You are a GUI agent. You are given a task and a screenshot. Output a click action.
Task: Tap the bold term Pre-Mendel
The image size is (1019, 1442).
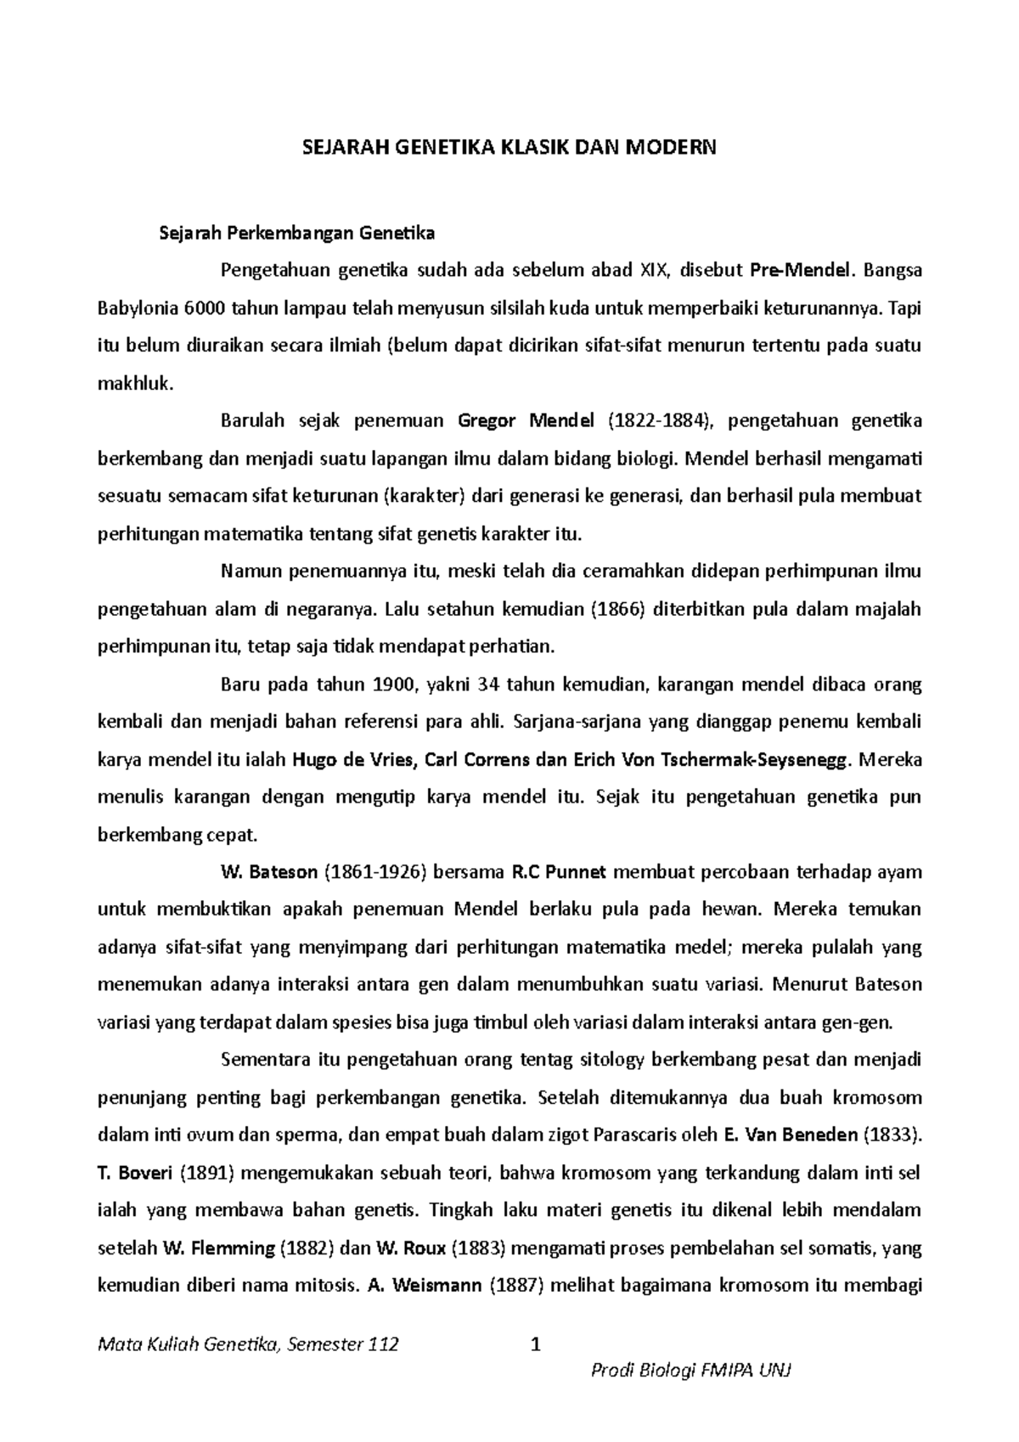coord(799,270)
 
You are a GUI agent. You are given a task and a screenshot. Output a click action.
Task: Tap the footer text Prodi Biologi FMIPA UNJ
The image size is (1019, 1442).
coord(690,1372)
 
